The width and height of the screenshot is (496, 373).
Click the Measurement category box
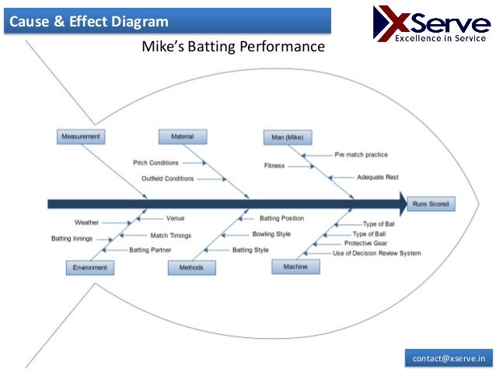81,137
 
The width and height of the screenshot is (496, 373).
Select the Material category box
183,137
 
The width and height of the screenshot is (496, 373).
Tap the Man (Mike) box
288,138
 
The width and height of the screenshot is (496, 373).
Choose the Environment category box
89,267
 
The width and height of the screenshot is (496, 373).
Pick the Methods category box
191,267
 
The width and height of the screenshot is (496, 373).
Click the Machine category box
295,266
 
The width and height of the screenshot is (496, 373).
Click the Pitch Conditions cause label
155,163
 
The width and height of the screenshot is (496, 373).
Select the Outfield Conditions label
167,178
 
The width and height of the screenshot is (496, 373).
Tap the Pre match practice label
361,154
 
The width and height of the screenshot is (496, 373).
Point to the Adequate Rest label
378,177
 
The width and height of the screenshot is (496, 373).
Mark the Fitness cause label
274,166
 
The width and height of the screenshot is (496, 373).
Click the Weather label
86,223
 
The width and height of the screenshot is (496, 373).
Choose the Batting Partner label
150,250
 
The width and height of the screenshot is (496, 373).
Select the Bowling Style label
271,234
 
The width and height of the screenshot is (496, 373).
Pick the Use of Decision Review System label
377,253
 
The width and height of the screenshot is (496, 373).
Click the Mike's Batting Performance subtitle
232,48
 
